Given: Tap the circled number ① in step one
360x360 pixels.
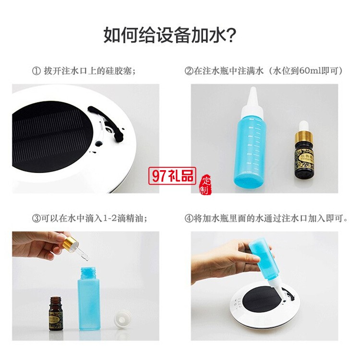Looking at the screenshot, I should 36,71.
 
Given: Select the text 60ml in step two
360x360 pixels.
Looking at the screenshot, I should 307,71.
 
